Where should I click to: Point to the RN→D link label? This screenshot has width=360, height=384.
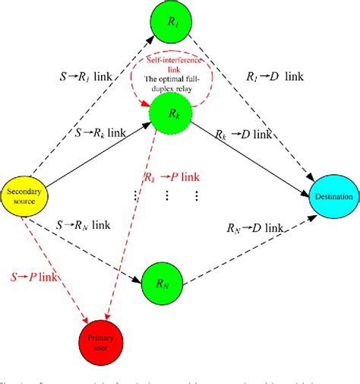(x=257, y=228)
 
